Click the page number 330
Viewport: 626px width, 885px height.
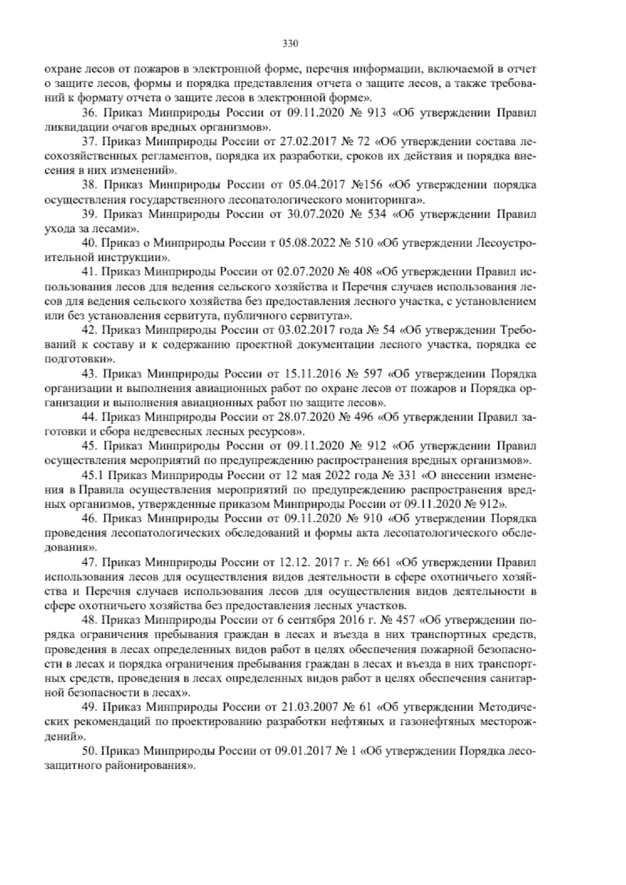[x=290, y=43]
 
